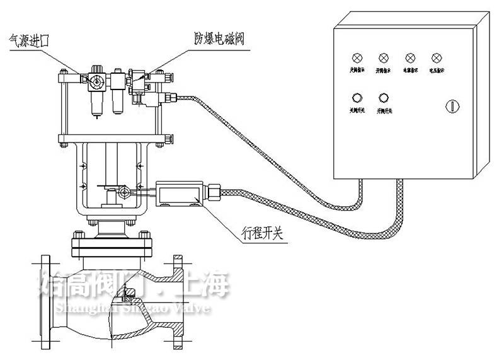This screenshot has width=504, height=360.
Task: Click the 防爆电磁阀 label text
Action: click(x=218, y=38)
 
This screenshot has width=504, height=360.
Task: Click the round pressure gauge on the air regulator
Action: click(x=96, y=80)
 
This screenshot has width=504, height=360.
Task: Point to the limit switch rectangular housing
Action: click(x=181, y=193)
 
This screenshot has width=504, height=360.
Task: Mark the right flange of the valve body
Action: click(x=179, y=301)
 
